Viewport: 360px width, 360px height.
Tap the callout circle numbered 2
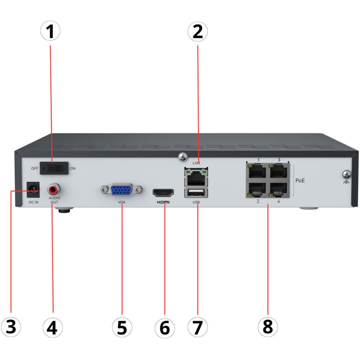coord(198,31)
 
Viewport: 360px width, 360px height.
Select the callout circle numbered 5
coord(122,327)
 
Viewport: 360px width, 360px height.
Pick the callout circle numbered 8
coord(268,327)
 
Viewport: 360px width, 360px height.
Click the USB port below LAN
coord(196,193)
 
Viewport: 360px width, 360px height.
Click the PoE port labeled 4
coord(279,189)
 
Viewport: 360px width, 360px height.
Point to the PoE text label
coord(301,180)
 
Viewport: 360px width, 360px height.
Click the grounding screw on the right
coord(346,173)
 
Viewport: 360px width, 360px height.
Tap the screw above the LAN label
coord(183,157)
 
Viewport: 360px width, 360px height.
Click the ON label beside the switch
coord(73,169)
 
